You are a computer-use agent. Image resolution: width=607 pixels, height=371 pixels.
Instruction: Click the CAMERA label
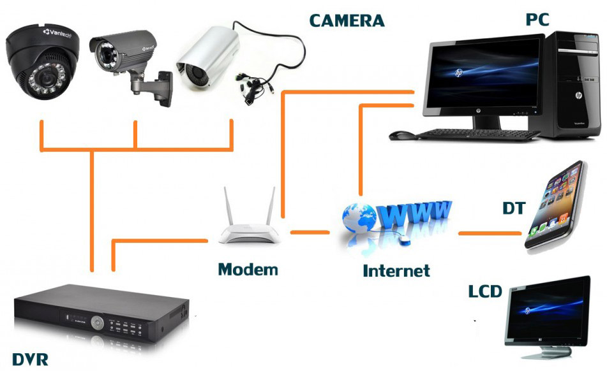pos(347,20)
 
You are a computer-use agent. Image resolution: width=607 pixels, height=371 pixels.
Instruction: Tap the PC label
pos(537,19)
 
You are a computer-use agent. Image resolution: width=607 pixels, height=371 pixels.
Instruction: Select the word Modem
pos(248,270)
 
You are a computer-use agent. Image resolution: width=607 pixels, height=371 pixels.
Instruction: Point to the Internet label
pos(396,270)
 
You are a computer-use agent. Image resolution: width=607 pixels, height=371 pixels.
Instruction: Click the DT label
pos(514,208)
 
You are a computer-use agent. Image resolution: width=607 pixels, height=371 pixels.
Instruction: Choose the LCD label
pos(485,291)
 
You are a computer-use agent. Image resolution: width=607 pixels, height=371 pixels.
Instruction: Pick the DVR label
pos(30,360)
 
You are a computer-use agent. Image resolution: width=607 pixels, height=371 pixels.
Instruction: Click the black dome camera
pos(43,61)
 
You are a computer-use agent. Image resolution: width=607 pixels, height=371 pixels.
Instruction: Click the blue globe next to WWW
pos(359,218)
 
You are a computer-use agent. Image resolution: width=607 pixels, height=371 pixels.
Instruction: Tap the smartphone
pos(555,205)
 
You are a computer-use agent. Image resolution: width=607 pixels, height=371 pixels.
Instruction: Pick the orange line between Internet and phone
pos(490,233)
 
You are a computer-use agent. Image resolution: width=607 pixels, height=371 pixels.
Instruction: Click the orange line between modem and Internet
pos(310,232)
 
